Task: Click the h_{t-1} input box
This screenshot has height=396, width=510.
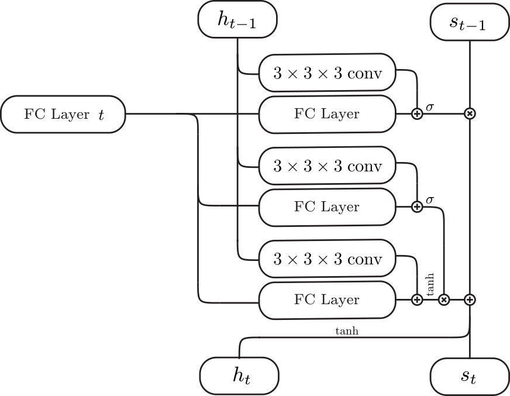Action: click(x=237, y=20)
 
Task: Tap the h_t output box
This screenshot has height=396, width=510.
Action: click(x=239, y=376)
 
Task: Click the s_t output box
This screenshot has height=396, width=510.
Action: click(x=469, y=376)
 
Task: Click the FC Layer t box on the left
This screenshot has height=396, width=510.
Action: click(x=63, y=114)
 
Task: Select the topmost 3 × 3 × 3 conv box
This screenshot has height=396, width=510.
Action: click(x=327, y=74)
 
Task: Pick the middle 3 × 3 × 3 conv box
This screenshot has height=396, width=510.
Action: click(x=327, y=166)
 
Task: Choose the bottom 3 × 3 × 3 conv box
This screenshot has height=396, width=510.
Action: click(x=327, y=259)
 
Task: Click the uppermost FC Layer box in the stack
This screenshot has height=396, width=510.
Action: click(x=327, y=114)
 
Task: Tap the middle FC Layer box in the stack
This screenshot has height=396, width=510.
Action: click(x=327, y=206)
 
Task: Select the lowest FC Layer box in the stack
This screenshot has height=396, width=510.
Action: click(x=327, y=299)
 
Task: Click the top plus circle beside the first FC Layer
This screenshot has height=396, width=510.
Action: click(x=417, y=114)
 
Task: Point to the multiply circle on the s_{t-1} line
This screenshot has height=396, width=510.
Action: click(x=469, y=114)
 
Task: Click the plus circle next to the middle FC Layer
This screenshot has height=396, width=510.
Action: click(x=417, y=206)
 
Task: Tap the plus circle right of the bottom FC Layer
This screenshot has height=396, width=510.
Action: click(x=417, y=299)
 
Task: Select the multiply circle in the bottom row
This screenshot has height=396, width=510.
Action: click(x=444, y=299)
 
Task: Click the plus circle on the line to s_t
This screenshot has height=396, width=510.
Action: click(x=470, y=299)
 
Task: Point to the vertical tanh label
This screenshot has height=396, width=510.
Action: click(x=430, y=283)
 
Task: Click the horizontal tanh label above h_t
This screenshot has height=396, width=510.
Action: click(x=346, y=331)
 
